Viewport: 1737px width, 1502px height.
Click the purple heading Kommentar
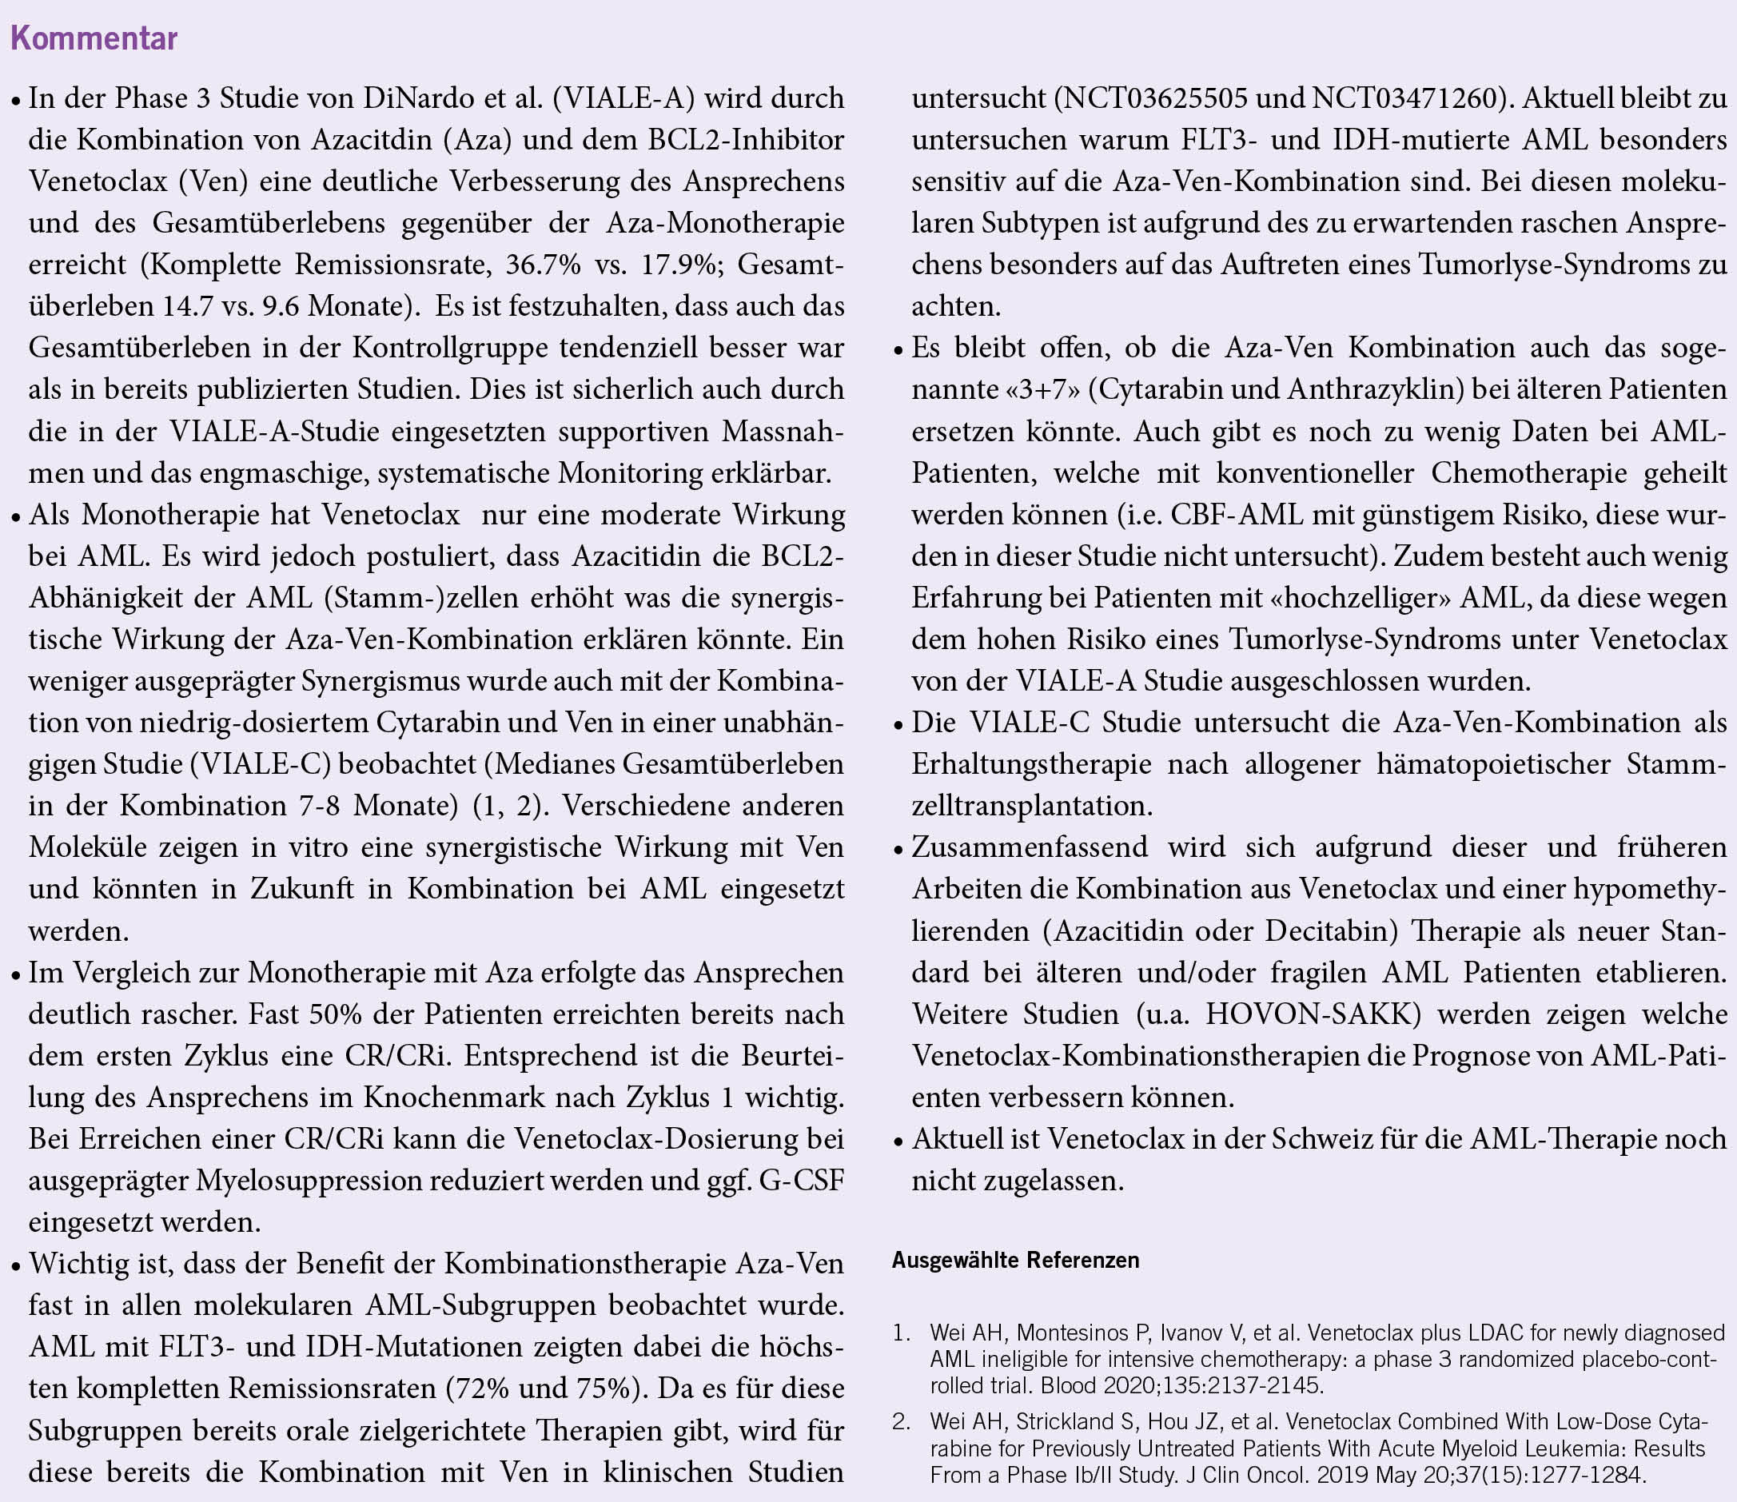(x=94, y=39)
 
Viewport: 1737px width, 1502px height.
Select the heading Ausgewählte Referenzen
(x=1015, y=1261)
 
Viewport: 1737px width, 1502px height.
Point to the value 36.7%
(x=544, y=265)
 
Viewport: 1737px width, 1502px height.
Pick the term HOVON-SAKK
(x=1313, y=1014)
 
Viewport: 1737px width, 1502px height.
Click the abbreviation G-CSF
(x=802, y=1181)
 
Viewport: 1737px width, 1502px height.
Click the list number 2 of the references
(x=900, y=1422)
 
